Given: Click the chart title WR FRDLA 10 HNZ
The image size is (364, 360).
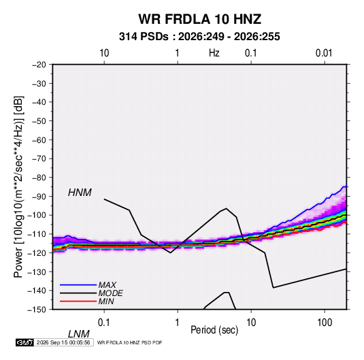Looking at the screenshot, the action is coord(199,19).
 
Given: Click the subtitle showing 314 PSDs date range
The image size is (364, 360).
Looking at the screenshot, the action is coord(199,37).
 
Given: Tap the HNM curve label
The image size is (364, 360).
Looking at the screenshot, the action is coord(80,193).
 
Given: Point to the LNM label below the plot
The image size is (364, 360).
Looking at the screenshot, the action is coord(79,334).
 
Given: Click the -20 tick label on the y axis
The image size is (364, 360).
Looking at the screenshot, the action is coord(39,65).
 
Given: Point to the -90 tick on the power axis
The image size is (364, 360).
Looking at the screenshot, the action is coord(39,197).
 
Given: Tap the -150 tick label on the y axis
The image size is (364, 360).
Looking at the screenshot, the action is coord(37,310).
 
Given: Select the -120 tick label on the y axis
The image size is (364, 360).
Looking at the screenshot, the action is coord(37,253).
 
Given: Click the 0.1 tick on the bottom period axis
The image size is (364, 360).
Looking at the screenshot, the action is coord(104,323).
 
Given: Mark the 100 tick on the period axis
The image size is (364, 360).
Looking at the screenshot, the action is coord(325,323).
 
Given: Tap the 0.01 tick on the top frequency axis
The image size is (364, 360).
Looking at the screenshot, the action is coord(324,53).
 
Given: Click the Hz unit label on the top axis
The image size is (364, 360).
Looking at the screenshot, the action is coord(214,53).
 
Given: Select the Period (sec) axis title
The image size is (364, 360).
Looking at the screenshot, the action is coord(214,330).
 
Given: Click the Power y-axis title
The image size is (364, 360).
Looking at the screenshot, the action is coord(18,186).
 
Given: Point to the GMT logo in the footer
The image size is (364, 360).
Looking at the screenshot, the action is coord(24,342).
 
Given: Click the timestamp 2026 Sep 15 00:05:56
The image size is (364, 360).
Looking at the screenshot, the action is coord(63,342).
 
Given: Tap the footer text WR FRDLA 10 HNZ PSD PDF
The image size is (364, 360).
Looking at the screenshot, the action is coord(129,342).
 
